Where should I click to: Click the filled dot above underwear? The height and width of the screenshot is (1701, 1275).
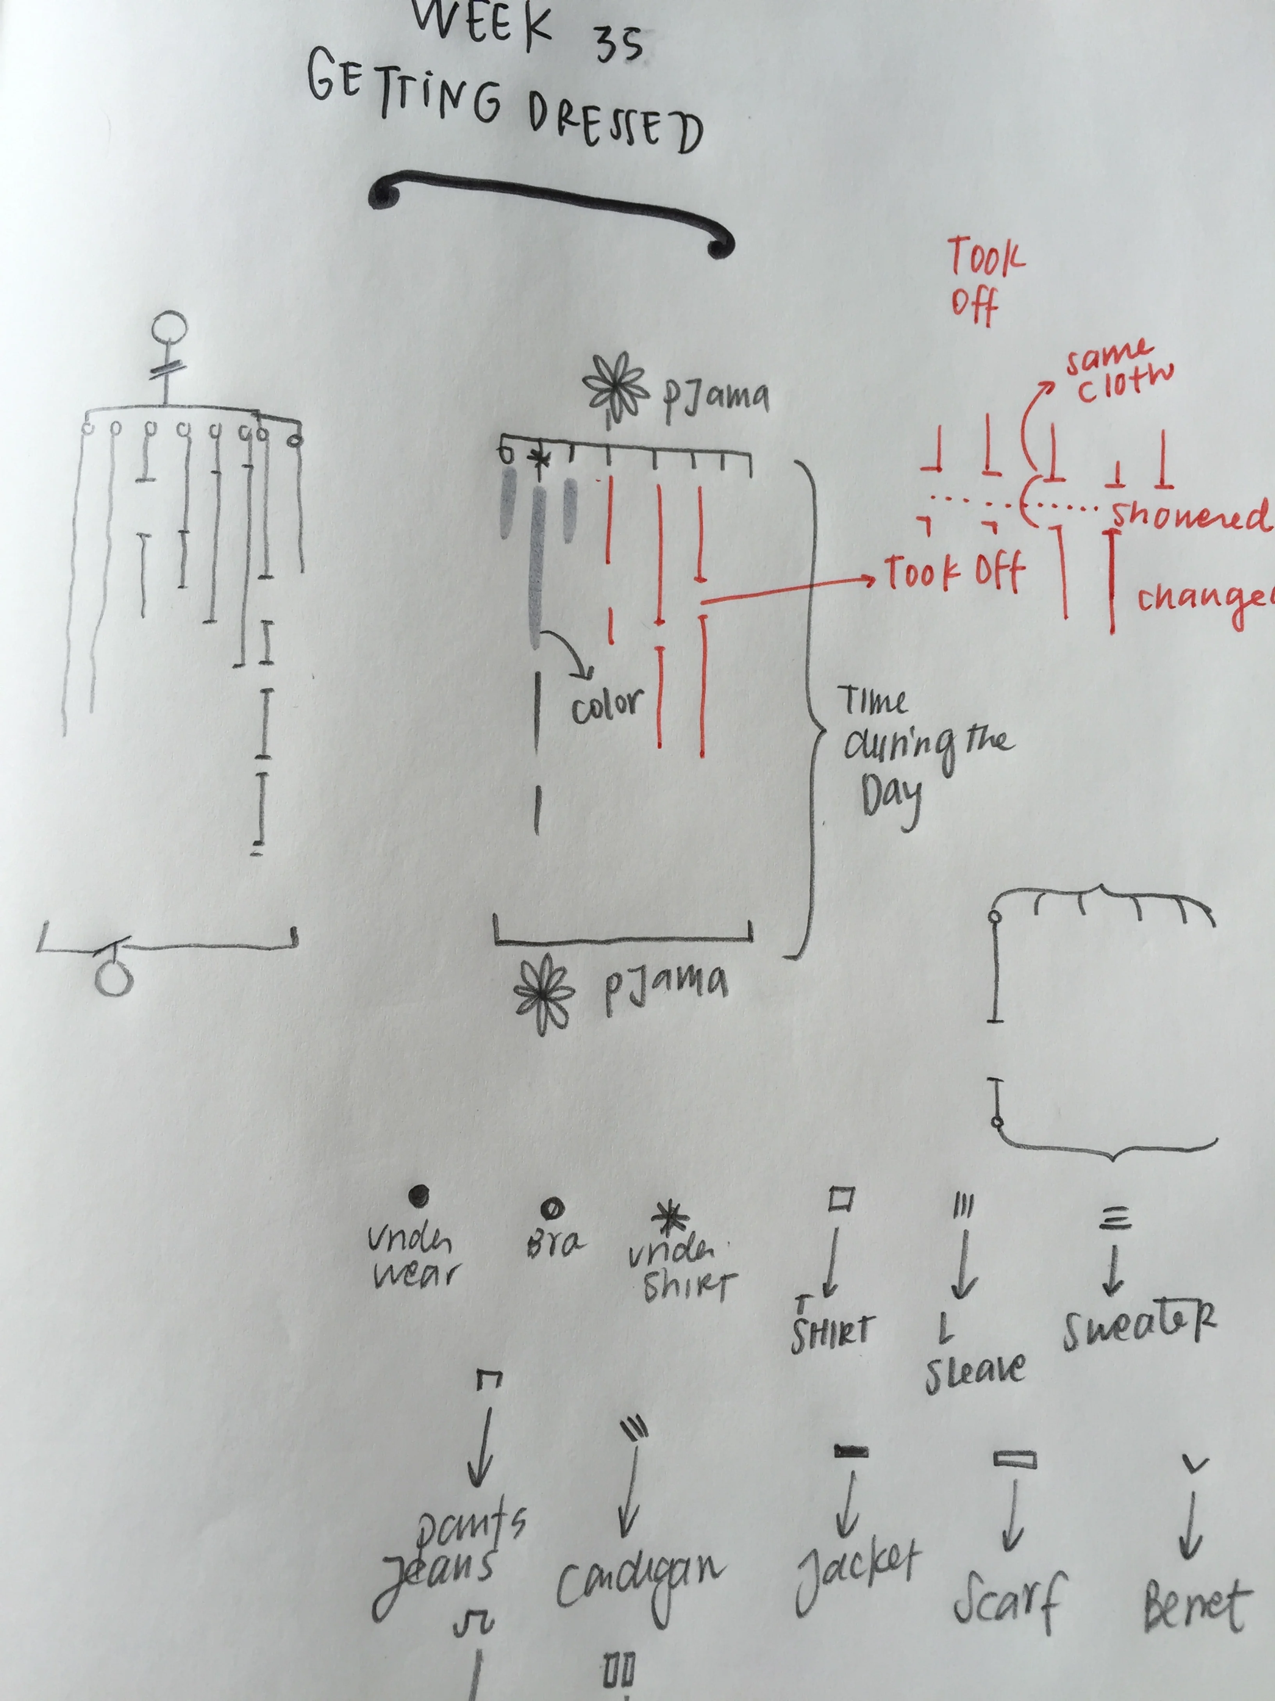tap(419, 1194)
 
